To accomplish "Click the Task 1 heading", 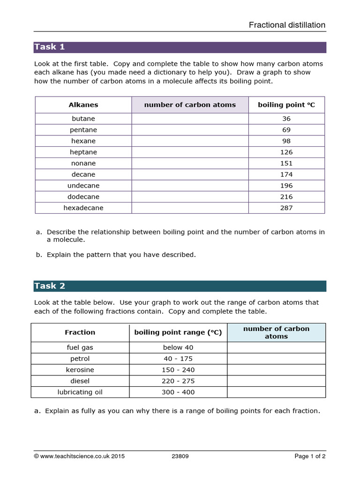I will pos(49,47).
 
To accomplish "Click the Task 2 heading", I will pos(49,286).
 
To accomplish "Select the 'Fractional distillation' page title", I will pos(287,25).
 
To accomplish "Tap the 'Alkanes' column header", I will pos(83,105).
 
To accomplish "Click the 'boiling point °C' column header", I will pos(286,105).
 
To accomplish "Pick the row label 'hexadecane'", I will pos(83,208).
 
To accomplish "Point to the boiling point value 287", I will pos(286,208).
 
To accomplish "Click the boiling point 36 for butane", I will pos(286,119).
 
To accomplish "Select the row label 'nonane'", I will pos(83,163).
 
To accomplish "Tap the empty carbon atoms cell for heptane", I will pos(190,152).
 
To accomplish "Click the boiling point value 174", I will pos(286,174).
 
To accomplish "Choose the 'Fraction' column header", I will pos(80,332).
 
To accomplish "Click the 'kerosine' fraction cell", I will pos(80,370).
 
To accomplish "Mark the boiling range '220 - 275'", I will pos(178,381).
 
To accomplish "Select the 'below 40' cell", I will pos(178,347).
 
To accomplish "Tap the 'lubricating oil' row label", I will pos(80,392).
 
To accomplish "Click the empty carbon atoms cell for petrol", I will pos(276,359).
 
